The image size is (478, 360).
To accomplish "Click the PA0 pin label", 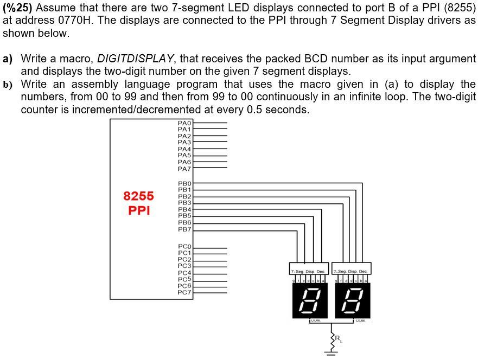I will pos(184,124).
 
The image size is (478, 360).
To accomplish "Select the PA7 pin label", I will pos(184,169).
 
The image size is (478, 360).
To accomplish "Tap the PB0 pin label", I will pos(184,184).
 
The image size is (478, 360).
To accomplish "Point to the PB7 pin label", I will pos(184,229).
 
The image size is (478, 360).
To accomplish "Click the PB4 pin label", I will pos(184,209).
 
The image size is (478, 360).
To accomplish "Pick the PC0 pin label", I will pos(184,247).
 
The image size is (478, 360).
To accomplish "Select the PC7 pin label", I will pos(184,292).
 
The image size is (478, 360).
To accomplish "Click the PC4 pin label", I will pos(184,273).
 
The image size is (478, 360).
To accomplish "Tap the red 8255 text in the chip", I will pos(138,196).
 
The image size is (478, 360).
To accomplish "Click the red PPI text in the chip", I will pos(138,210).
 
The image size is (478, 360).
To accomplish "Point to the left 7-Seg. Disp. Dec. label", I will pos(309,271).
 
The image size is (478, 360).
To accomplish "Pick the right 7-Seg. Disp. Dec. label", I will pos(350,271).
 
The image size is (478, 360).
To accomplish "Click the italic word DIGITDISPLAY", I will pos(136,58).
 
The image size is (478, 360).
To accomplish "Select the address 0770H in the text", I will pos(78,20).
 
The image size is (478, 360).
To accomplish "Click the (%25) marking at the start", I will pos(19,8).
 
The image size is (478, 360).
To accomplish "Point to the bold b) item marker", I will pos(8,84).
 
